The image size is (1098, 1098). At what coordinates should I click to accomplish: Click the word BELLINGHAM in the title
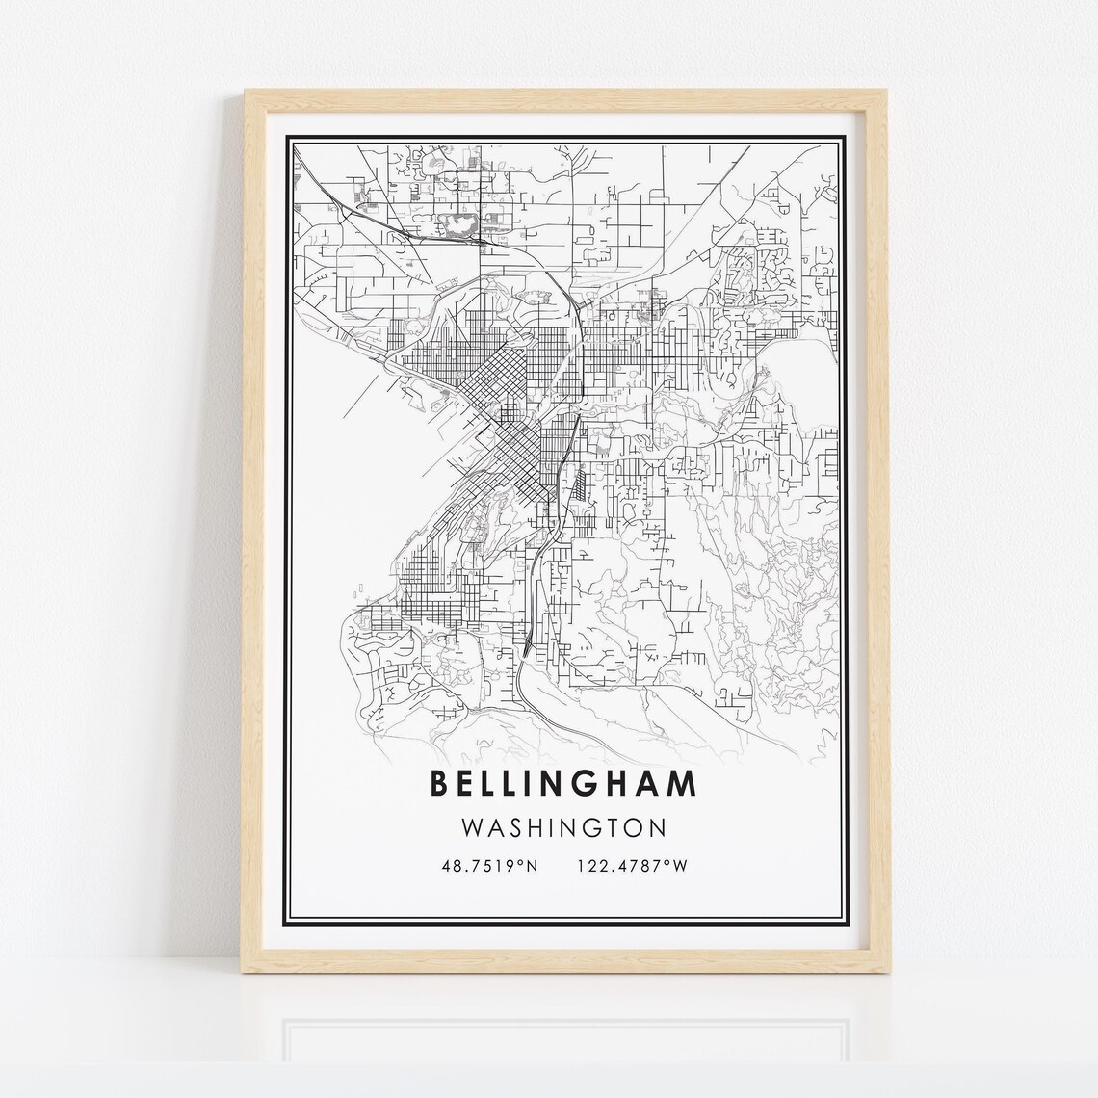coord(563,784)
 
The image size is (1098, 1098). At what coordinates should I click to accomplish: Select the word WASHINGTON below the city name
coord(563,828)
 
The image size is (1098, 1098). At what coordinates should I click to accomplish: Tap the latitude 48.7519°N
coord(488,866)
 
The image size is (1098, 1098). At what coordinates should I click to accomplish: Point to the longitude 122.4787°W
coord(632,866)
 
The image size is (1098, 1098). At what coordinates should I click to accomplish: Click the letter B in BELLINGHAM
coord(440,784)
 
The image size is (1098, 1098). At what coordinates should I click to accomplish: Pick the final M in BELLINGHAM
coord(683,784)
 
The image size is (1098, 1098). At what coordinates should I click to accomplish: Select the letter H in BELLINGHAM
coord(613,784)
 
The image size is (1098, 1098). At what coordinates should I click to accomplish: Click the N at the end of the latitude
coord(530,866)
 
